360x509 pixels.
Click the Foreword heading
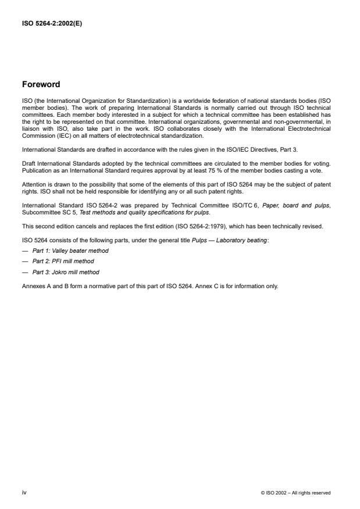tap(41, 84)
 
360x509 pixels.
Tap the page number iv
tap(24, 492)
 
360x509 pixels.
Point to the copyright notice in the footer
tap(296, 493)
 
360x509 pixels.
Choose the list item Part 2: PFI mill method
tap(63, 261)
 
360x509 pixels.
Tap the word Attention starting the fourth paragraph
tap(33, 183)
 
